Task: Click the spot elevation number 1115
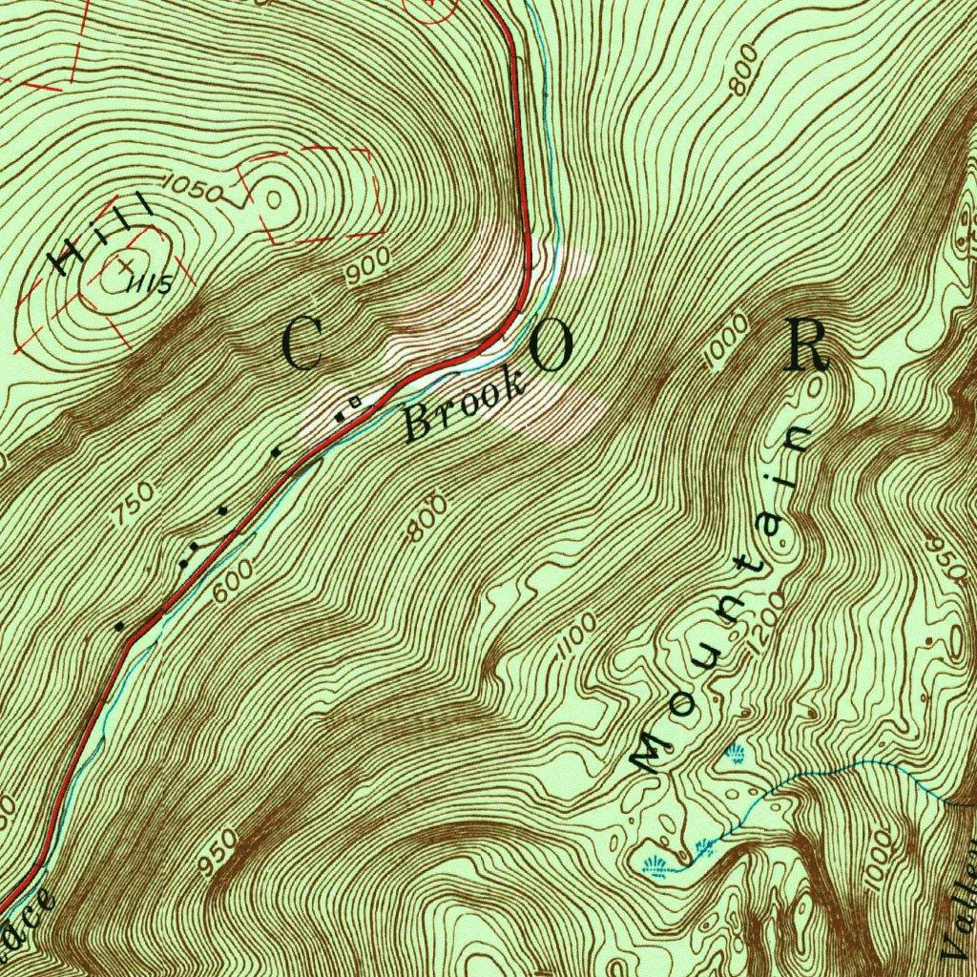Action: [154, 283]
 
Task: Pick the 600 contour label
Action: [233, 579]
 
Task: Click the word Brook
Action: [465, 409]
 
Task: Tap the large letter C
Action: [303, 345]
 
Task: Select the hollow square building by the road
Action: [355, 404]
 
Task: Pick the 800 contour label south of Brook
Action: [427, 517]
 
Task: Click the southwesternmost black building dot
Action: [119, 627]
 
